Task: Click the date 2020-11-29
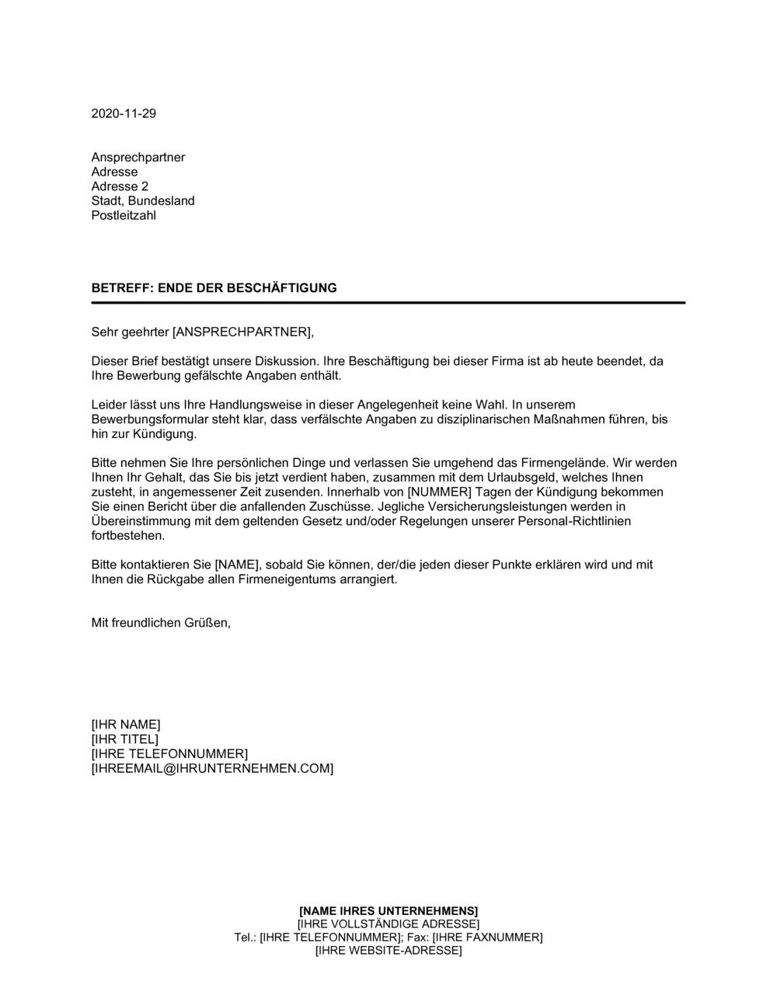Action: (x=124, y=113)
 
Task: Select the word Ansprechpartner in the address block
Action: (x=138, y=158)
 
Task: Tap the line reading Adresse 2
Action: (x=120, y=186)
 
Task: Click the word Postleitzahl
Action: (x=124, y=215)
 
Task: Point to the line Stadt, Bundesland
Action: (x=143, y=200)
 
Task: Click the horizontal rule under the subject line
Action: (x=388, y=302)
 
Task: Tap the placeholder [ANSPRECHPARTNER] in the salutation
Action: (x=241, y=332)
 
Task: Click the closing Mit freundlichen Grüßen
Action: (x=161, y=622)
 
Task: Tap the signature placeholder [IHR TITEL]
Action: (x=124, y=739)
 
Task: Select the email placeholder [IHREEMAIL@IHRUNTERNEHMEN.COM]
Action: (x=212, y=768)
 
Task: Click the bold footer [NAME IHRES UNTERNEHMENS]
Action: (x=388, y=910)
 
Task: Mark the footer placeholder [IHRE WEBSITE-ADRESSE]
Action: (x=388, y=950)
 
